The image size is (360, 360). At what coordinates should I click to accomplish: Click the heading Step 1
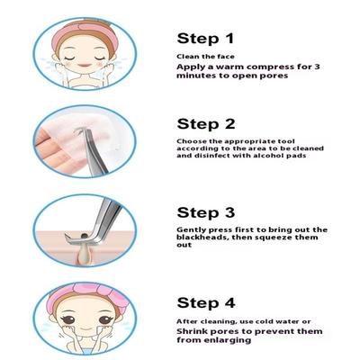tap(205, 39)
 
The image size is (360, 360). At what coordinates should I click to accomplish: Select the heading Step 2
tap(206, 124)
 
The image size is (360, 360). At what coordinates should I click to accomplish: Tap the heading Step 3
tap(206, 212)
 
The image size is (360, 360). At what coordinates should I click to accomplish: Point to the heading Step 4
tap(206, 303)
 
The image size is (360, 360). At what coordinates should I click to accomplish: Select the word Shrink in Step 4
tap(192, 331)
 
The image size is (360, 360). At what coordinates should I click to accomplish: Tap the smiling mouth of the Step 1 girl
tap(85, 65)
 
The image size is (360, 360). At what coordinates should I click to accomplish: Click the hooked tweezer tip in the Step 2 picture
tap(79, 130)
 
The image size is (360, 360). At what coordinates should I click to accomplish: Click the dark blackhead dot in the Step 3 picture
tap(85, 236)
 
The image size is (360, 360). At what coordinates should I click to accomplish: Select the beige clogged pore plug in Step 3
tap(85, 251)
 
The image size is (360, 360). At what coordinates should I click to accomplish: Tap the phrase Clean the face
tap(205, 57)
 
